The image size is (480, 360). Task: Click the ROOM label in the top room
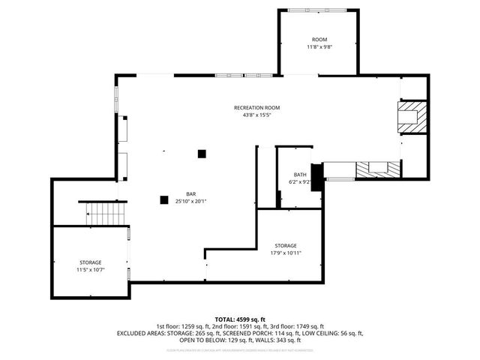click(319, 39)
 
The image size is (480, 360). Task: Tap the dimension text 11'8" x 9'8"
click(319, 47)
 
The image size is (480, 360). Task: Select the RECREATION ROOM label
click(256, 108)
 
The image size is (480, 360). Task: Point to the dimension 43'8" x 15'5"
click(256, 115)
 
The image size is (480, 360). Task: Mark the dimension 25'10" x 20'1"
click(192, 201)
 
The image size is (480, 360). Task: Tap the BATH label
click(300, 174)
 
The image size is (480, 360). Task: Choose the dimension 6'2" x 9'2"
click(300, 181)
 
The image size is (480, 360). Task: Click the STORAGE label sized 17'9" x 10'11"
click(285, 245)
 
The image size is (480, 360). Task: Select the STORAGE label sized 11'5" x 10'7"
click(90, 262)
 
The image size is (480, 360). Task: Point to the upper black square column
click(201, 154)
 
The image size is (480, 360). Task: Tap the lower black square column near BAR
click(163, 199)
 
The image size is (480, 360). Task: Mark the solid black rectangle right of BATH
click(316, 177)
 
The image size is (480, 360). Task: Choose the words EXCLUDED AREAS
click(140, 333)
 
